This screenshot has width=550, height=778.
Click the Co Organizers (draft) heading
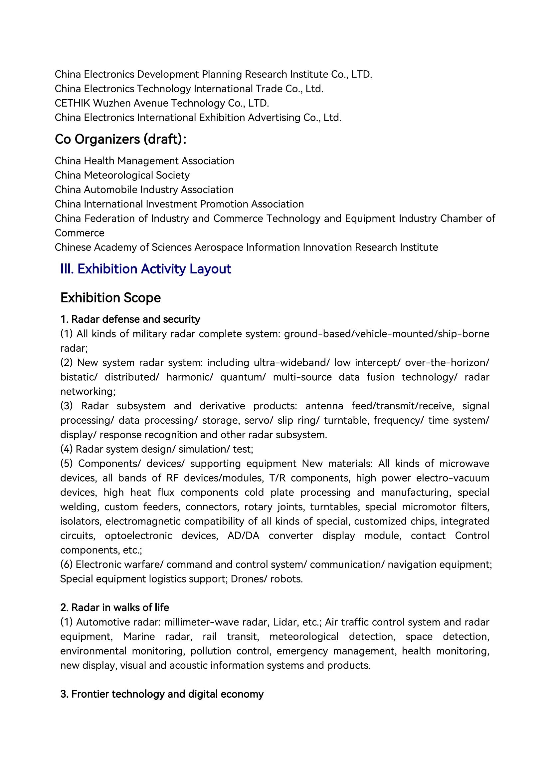click(x=120, y=139)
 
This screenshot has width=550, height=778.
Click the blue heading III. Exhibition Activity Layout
click(x=146, y=269)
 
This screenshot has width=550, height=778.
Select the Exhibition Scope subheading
click(x=110, y=298)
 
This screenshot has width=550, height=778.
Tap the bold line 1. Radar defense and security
click(x=130, y=319)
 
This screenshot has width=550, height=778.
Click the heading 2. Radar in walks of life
click(x=114, y=607)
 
